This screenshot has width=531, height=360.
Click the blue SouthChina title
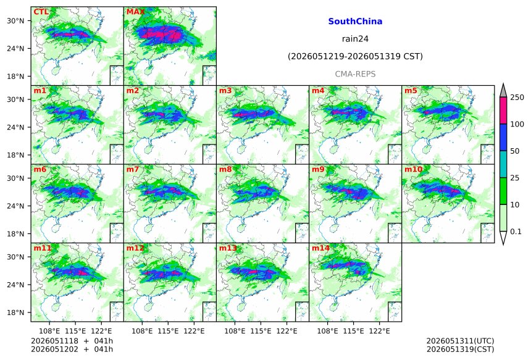355,22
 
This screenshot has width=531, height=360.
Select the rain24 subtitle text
355,39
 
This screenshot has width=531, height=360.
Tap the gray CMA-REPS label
355,74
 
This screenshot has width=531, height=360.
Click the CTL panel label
41,12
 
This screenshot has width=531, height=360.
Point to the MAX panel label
135,12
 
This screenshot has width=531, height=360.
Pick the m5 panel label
411,91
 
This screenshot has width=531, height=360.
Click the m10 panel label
413,169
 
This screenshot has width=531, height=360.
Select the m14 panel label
320,248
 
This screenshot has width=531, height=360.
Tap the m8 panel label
225,169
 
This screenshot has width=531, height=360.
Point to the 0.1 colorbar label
516,232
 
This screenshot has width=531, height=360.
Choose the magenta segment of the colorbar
503,111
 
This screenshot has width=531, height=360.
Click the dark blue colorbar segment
503,137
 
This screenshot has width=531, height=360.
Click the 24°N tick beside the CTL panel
16,48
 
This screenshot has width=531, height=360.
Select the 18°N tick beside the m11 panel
16,312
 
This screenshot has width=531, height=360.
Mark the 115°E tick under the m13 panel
261,331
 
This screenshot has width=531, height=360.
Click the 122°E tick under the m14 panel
380,331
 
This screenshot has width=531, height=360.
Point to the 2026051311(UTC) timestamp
460,341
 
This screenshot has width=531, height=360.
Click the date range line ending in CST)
355,57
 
